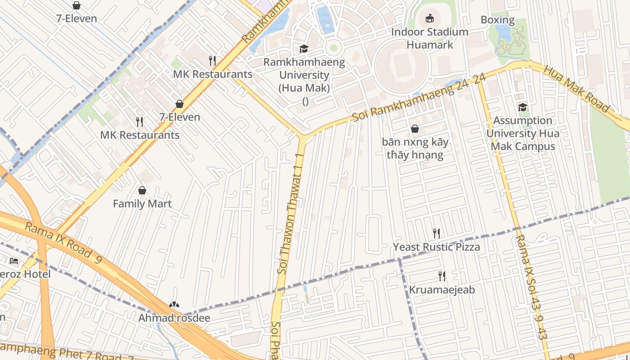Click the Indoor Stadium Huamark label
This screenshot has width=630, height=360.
point(430,38)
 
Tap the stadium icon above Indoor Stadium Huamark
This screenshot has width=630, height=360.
point(430,18)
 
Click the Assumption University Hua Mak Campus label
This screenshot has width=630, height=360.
point(523,133)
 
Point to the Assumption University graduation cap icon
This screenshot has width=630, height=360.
point(522,107)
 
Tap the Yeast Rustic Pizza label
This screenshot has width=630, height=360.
point(436,247)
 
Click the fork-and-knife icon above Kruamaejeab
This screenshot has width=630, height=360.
point(442,276)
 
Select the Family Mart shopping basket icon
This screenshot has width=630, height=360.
point(142,190)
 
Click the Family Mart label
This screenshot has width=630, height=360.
point(142,204)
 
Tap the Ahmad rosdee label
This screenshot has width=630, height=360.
point(174,318)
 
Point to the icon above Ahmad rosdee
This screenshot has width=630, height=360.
point(174,305)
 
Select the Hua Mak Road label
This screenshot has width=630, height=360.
point(576,89)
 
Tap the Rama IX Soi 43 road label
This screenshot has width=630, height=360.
point(531,287)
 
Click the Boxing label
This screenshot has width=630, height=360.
point(497,20)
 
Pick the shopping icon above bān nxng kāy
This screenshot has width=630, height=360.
point(415,129)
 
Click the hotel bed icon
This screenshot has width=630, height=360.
point(14,261)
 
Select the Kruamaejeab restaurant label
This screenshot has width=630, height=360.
point(442,290)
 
